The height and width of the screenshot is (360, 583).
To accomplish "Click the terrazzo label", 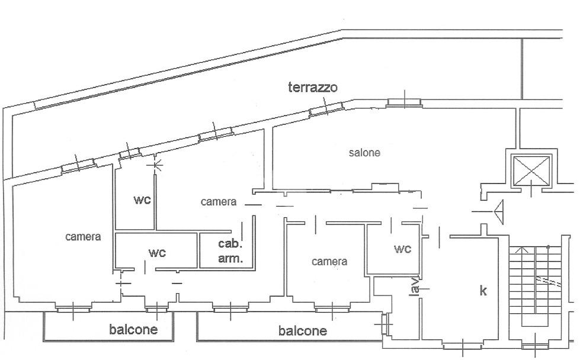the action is point(313,87).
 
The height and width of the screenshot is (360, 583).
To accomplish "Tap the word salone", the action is point(364,153).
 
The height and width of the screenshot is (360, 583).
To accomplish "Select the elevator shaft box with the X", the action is point(531,170).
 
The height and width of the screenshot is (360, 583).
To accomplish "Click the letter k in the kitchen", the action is point(483,290).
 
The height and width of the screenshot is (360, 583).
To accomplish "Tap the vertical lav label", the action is point(415,286).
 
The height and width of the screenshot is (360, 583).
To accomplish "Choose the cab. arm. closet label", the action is point(230,251).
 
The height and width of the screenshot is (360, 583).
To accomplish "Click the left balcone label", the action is point(133,329).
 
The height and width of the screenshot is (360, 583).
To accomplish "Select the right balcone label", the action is point(303,330).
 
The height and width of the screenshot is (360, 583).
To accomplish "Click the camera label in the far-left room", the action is point(83,237).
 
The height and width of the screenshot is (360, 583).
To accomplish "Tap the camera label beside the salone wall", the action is point(219,202).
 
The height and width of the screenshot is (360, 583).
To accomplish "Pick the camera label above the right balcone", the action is point(329,262).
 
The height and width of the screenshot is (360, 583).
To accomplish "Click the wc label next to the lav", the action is point(402,249).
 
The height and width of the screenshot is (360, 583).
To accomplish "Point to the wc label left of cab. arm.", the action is point(157,253).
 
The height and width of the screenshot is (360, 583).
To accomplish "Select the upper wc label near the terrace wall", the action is point(142,200).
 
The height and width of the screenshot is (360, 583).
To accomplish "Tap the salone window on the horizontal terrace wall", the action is point(404,102).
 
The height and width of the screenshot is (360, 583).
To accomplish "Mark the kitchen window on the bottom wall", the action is point(463,345).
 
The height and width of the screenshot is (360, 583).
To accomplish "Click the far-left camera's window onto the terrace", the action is point(78,165).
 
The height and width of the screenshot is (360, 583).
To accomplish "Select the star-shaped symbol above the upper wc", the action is point(156,164).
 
